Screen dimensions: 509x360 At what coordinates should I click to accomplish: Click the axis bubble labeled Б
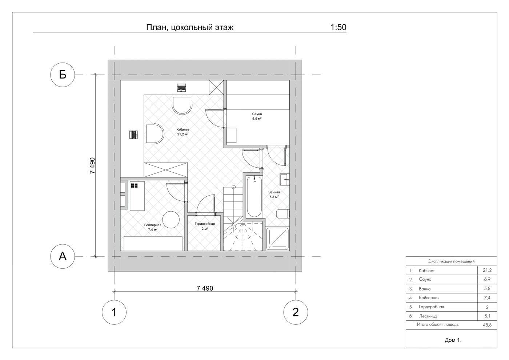[63, 75]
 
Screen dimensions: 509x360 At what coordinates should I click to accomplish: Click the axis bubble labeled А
[63, 256]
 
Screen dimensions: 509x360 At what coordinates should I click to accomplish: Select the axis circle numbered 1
[114, 312]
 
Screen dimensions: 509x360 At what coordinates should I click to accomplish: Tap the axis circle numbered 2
[296, 312]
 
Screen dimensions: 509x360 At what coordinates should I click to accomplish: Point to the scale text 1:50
[338, 27]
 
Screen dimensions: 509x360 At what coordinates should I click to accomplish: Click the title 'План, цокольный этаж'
[190, 28]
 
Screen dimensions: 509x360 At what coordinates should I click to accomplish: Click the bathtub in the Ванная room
[254, 197]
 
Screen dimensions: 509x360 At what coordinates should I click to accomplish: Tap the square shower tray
[277, 239]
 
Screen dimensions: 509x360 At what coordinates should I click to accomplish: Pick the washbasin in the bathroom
[284, 180]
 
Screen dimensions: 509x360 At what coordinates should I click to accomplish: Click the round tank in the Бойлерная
[171, 220]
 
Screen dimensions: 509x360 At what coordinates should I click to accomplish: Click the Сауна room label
[257, 116]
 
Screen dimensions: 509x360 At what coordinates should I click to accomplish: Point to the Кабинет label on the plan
[183, 132]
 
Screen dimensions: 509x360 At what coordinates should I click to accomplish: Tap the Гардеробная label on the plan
[204, 226]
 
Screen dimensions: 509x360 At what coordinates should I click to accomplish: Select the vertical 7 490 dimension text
[92, 166]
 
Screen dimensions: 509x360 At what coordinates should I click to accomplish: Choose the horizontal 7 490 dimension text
[205, 288]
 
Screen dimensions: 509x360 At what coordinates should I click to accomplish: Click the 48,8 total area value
[487, 325]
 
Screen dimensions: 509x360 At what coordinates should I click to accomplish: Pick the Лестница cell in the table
[428, 316]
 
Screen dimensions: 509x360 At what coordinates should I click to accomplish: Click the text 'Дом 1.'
[453, 340]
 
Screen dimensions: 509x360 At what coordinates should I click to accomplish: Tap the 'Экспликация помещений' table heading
[451, 261]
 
